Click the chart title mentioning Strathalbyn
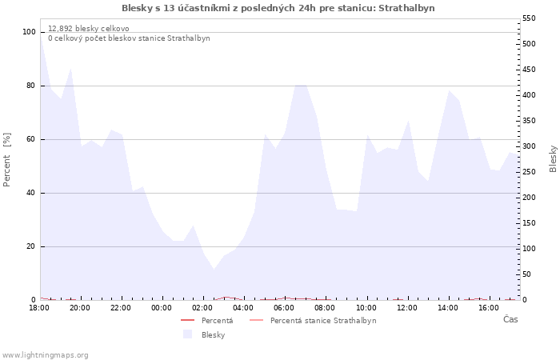pyautogui.click(x=278, y=8)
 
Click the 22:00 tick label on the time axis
pyautogui.click(x=121, y=308)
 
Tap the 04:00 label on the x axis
pyautogui.click(x=243, y=308)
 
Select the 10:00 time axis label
pyautogui.click(x=366, y=308)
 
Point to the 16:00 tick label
pyautogui.click(x=489, y=308)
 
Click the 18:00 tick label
pyautogui.click(x=39, y=308)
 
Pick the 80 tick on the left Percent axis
pyautogui.click(x=30, y=86)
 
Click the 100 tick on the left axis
pyautogui.click(x=29, y=32)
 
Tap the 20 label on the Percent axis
pyautogui.click(x=30, y=246)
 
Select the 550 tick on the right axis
pyautogui.click(x=530, y=18)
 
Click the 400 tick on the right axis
pyautogui.click(x=530, y=95)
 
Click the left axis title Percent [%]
pyautogui.click(x=7, y=159)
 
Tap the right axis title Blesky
pyautogui.click(x=553, y=158)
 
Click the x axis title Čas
pyautogui.click(x=510, y=320)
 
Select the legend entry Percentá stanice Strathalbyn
pyautogui.click(x=322, y=321)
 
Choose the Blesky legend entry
pyautogui.click(x=213, y=335)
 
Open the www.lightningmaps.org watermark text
pyautogui.click(x=46, y=355)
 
